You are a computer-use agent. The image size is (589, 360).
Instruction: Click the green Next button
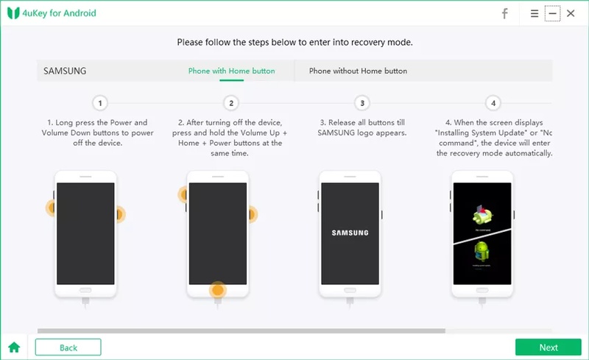coord(548,347)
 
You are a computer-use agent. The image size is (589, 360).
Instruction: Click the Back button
coord(68,347)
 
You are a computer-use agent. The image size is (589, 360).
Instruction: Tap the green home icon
coord(13,347)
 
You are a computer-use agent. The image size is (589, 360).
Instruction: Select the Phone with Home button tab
coord(231,71)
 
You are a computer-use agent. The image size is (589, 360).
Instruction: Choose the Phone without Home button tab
coord(358,71)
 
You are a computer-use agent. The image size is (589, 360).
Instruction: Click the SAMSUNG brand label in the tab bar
coord(65,71)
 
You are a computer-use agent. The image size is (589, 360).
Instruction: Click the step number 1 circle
coord(100,103)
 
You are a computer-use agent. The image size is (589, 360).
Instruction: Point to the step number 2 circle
coord(231,103)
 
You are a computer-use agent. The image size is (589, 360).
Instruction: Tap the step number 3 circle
coord(361,103)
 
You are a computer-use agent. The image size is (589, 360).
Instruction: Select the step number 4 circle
coord(493,103)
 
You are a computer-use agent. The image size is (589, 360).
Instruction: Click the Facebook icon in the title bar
coord(505,13)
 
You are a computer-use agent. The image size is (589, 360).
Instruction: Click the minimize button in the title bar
coord(552,13)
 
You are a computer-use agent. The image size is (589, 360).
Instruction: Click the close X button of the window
coord(571,13)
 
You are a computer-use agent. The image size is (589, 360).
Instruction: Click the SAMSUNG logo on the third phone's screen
coord(350,233)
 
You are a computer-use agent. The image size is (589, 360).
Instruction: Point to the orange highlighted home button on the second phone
coord(216,289)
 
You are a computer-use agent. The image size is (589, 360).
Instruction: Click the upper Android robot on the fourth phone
coord(482,215)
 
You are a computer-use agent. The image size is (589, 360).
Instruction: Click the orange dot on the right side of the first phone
coord(119,215)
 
